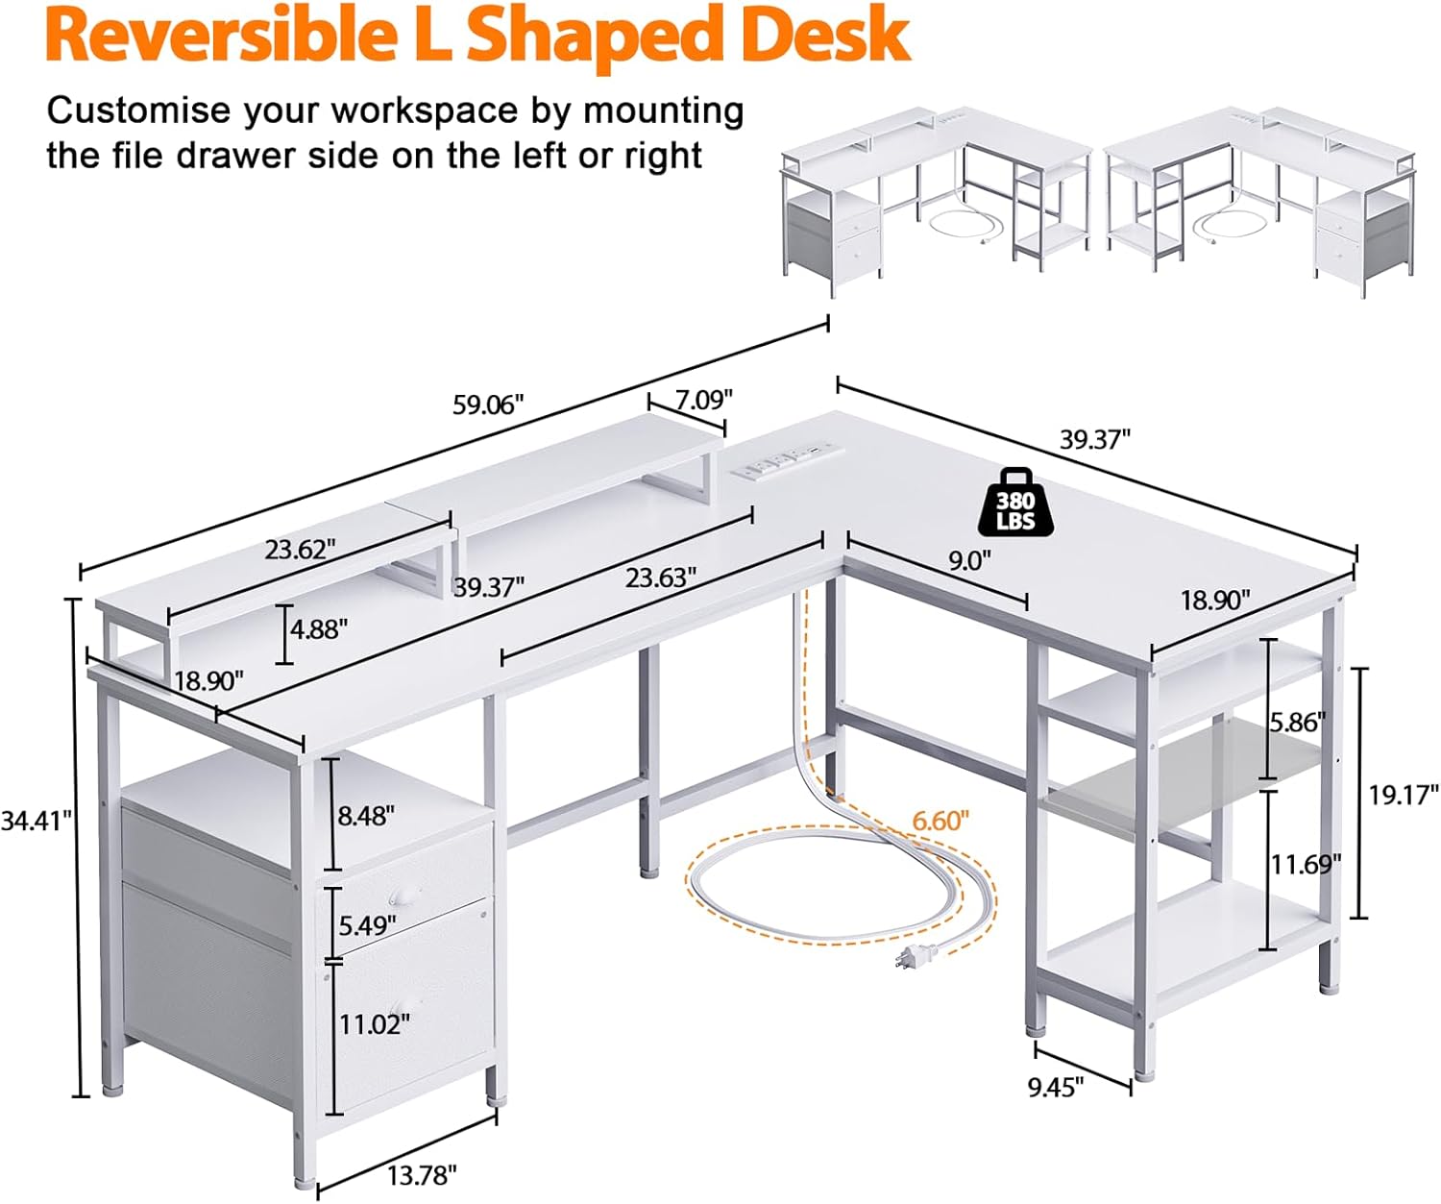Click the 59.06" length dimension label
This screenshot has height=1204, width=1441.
tap(488, 405)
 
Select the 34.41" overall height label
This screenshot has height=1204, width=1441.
tap(37, 821)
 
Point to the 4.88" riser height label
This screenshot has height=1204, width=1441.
tap(319, 629)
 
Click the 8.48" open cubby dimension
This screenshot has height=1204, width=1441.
tap(366, 816)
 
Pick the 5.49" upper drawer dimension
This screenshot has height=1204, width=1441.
tap(367, 925)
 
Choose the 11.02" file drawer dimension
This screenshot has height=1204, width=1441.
tap(374, 1024)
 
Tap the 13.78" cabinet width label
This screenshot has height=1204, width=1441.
tap(422, 1174)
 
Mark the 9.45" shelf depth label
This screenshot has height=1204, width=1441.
tap(1055, 1087)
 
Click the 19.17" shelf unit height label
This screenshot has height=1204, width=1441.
tap(1404, 795)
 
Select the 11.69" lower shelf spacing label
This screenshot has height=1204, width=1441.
tap(1306, 865)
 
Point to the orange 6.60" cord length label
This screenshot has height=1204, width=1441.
tap(940, 821)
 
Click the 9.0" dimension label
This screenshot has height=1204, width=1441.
tap(969, 560)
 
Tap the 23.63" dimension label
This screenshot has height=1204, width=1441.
tap(661, 577)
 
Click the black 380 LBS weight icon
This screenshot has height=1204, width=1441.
tap(1015, 503)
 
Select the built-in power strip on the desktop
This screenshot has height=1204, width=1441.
tap(783, 459)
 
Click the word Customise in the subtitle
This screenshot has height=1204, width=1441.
tap(137, 111)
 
